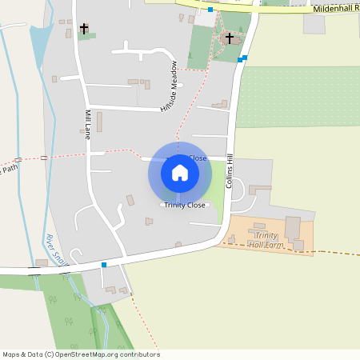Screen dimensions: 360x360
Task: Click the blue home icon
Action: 180,172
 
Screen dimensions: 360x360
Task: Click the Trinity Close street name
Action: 180,206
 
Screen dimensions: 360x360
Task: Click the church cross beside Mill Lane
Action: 84,29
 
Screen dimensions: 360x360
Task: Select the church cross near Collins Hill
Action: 230,38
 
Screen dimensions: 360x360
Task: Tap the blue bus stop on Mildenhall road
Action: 210,10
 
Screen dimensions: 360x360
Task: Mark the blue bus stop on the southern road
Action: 104,264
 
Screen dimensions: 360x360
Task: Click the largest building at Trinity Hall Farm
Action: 292,227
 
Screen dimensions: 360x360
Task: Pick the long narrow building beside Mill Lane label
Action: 99,122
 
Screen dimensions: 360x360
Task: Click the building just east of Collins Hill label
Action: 259,190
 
